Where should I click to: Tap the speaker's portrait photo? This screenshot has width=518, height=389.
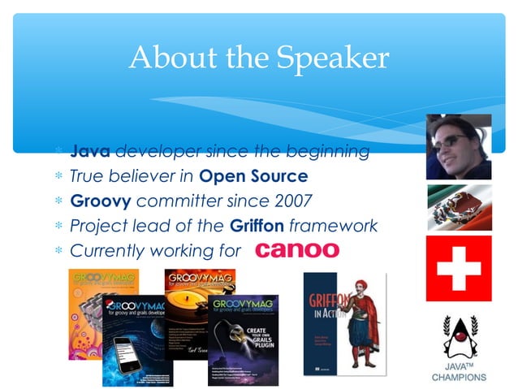click(459, 147)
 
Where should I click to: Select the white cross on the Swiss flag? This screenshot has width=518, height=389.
click(459, 268)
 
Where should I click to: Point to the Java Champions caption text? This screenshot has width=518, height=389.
click(459, 371)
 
